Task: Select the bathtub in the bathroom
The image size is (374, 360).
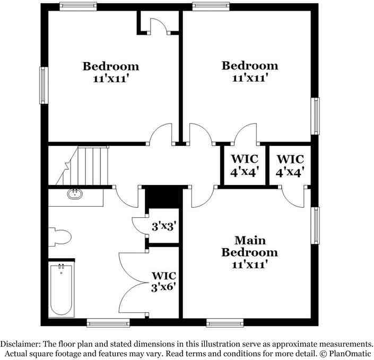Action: coord(61,291)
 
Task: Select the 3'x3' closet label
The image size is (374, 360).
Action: coord(164,226)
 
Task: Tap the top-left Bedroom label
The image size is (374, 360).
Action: coord(111,72)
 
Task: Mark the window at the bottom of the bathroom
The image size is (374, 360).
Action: coord(104,322)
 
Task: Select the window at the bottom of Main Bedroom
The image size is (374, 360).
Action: coord(224,322)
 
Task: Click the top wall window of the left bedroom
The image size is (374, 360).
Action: coord(77,6)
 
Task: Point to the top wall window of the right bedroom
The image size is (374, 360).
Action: coord(211,6)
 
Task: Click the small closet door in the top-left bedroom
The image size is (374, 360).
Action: coord(158,27)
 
